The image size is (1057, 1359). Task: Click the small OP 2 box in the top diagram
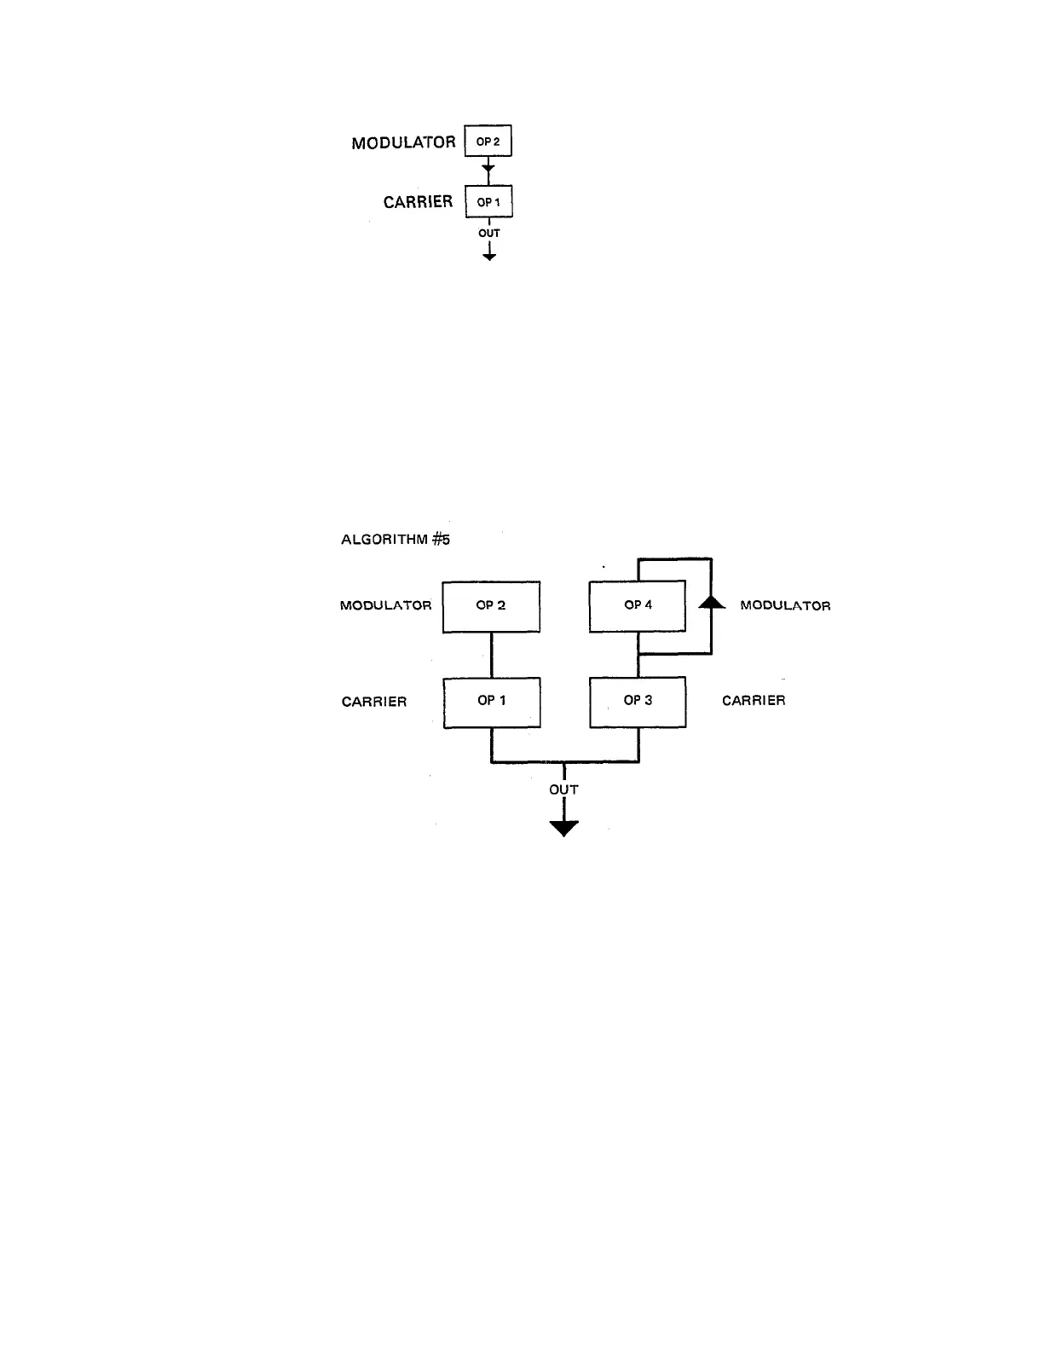[488, 142]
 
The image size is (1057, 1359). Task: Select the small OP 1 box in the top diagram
[488, 202]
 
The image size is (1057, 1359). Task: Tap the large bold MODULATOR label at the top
[403, 142]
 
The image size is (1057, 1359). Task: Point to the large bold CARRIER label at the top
[418, 202]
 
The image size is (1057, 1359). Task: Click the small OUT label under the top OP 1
[489, 233]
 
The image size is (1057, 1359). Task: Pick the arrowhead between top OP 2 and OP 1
[488, 169]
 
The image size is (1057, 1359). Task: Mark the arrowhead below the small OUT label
[489, 255]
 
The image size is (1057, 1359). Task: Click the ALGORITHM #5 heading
[396, 540]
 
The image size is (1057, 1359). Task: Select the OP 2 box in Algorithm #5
[491, 606]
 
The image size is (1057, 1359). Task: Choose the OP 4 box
[638, 606]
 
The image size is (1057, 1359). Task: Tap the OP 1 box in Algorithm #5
[492, 702]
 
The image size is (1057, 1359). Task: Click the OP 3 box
[638, 702]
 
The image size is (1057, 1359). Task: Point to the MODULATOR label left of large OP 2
[386, 606]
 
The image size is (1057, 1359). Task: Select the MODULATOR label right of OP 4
[785, 606]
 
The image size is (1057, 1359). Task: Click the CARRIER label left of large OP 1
[374, 702]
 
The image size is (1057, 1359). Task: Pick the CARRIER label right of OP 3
[754, 701]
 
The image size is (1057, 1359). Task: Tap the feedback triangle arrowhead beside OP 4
[711, 602]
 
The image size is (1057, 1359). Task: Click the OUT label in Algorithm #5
[563, 789]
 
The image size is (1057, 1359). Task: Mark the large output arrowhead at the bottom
[563, 828]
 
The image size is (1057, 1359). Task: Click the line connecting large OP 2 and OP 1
[492, 655]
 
